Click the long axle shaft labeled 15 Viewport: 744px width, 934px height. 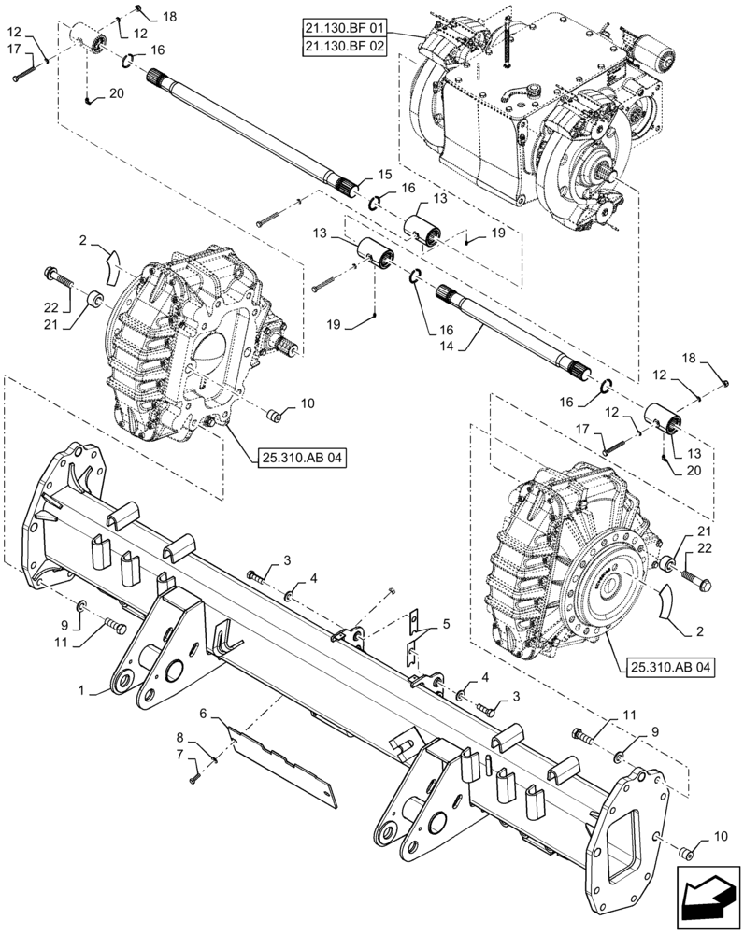point(252,132)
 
